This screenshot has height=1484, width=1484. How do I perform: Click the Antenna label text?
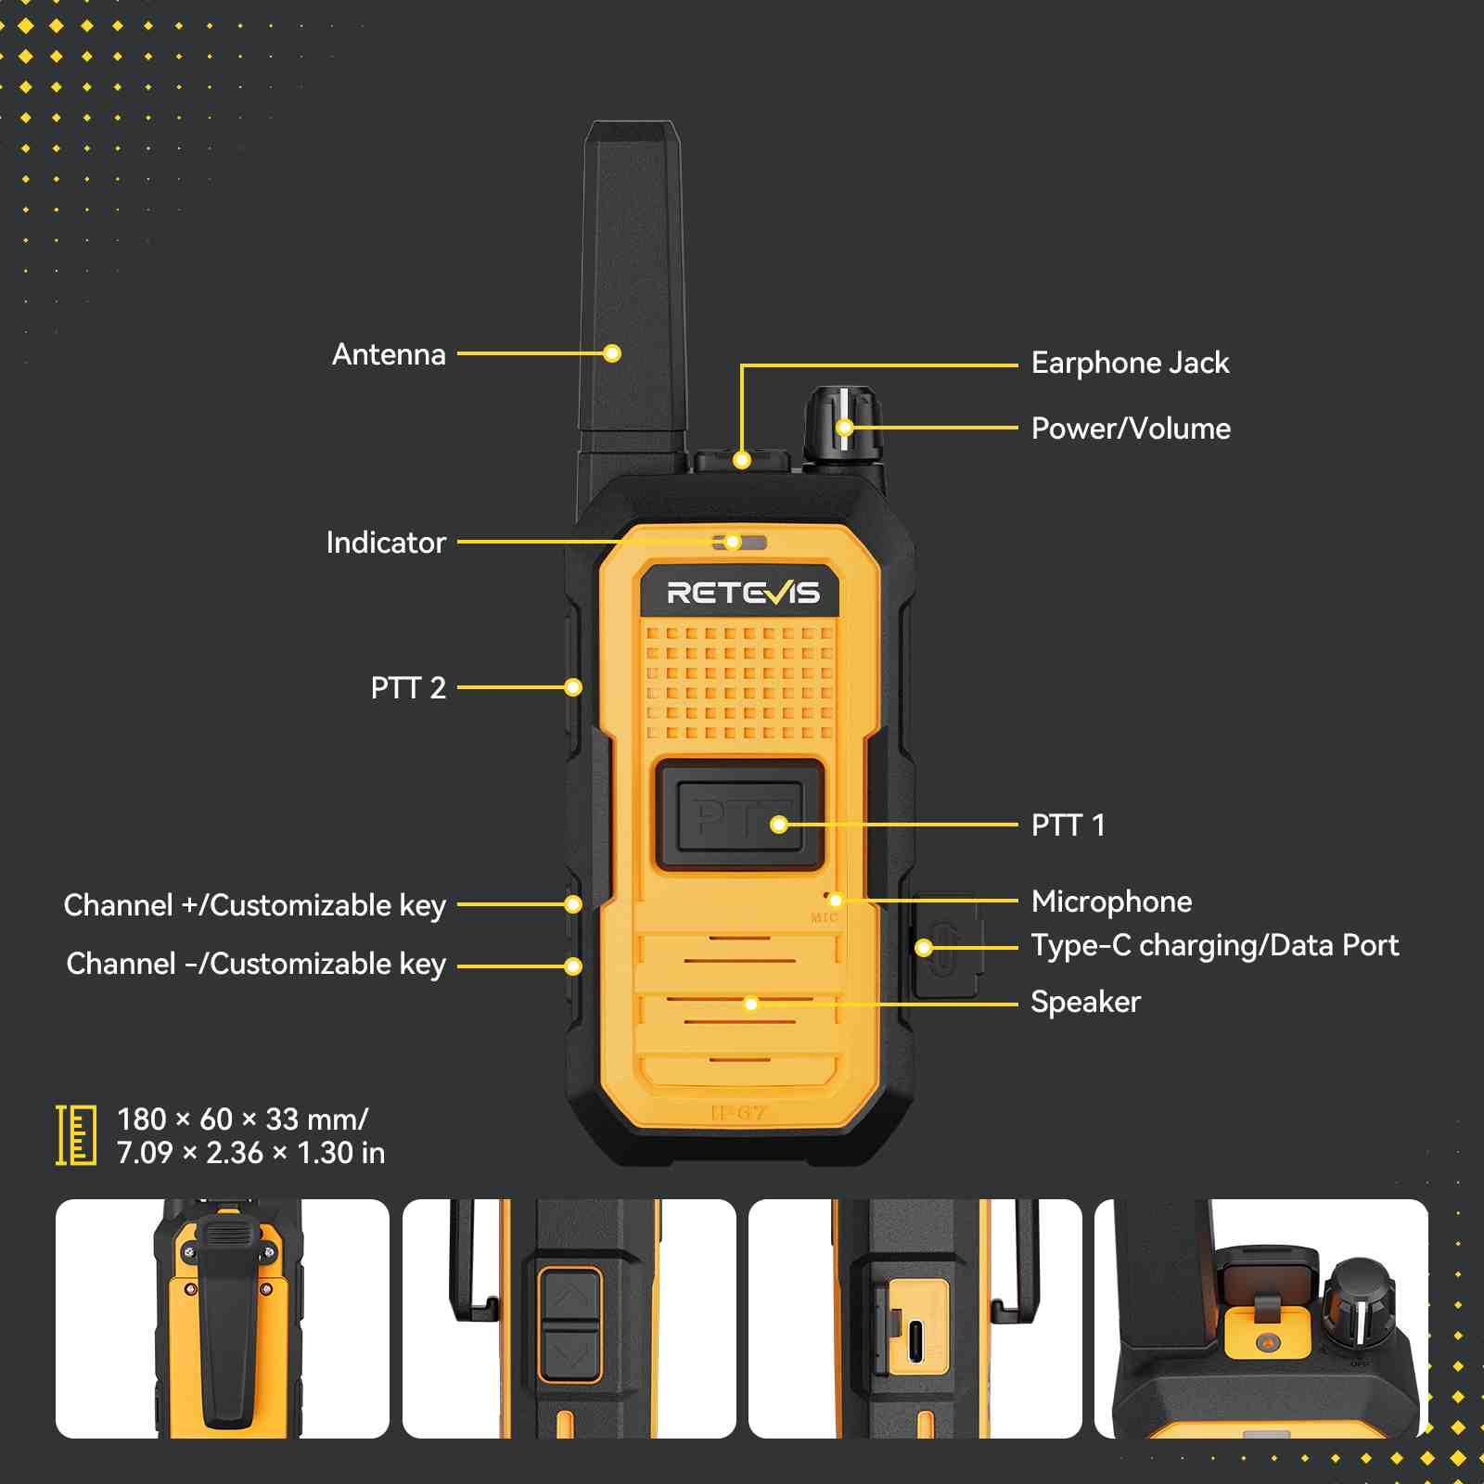pyautogui.click(x=389, y=354)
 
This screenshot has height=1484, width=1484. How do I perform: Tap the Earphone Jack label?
pyautogui.click(x=1130, y=363)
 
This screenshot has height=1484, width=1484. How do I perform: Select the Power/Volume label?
pyautogui.click(x=1131, y=429)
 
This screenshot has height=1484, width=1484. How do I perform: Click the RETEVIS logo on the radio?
pyautogui.click(x=743, y=593)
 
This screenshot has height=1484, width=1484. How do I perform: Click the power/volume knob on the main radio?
pyautogui.click(x=842, y=424)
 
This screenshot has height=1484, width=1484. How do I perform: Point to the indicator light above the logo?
pyautogui.click(x=739, y=542)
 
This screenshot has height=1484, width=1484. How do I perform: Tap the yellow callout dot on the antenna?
pyautogui.click(x=612, y=353)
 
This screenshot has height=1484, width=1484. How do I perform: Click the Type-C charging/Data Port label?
pyautogui.click(x=1215, y=946)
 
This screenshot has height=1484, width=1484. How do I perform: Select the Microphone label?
pyautogui.click(x=1111, y=902)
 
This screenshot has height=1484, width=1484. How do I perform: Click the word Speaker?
pyautogui.click(x=1085, y=1002)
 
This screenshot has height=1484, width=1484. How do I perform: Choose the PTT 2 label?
pyautogui.click(x=408, y=687)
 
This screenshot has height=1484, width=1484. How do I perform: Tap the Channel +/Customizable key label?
pyautogui.click(x=255, y=905)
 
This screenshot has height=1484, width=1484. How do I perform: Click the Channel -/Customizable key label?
pyautogui.click(x=256, y=965)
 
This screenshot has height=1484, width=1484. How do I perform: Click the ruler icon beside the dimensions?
pyautogui.click(x=76, y=1135)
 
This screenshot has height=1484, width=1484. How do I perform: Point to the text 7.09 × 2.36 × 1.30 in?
pyautogui.click(x=250, y=1153)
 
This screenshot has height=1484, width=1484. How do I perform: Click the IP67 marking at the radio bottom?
pyautogui.click(x=739, y=1112)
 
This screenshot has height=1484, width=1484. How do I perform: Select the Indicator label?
pyautogui.click(x=386, y=543)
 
